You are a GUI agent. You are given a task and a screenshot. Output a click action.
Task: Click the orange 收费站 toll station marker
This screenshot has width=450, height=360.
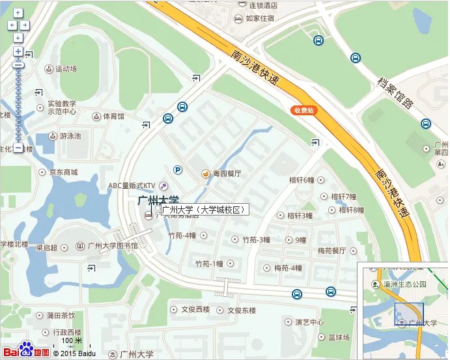pos(303,111)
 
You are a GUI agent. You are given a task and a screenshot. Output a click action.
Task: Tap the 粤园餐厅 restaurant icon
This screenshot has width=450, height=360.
pos(206,174)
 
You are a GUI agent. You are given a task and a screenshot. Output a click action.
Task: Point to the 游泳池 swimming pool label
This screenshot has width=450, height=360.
pos(70,136)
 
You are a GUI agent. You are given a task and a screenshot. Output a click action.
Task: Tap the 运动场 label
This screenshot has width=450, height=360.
pos(66,68)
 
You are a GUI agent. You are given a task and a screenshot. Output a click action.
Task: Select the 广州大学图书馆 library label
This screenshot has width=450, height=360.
pos(113,246)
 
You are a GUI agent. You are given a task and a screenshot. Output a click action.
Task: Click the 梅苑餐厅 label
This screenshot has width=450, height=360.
pos(331,250)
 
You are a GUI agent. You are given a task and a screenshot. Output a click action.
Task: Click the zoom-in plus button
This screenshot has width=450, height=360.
pos(18,51)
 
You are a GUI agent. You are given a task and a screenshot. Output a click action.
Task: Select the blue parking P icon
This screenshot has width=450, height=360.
pos(177,171)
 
